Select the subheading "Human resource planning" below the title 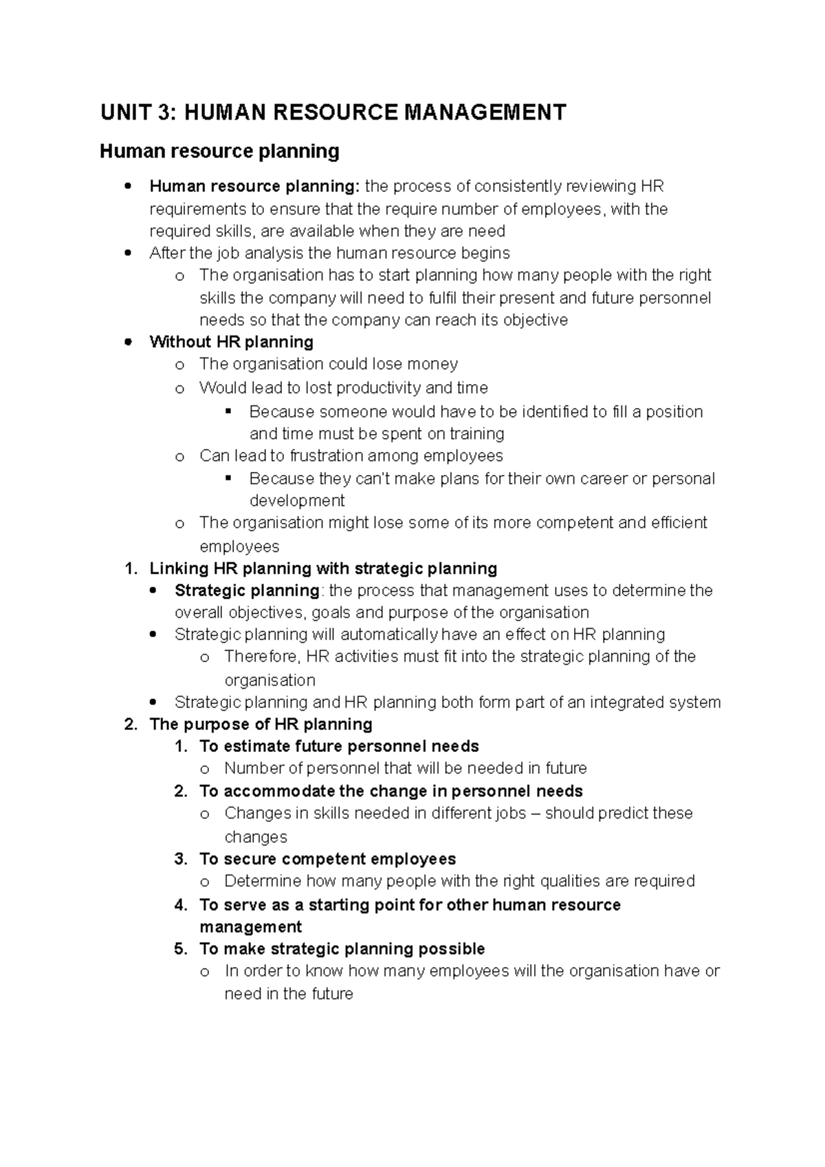[x=219, y=151]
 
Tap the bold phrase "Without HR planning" [x=231, y=342]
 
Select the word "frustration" [x=355, y=456]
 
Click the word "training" [x=476, y=434]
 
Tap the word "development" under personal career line [x=296, y=500]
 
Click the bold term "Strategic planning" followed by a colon [x=247, y=590]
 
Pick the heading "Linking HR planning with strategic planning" [x=323, y=568]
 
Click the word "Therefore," [x=263, y=656]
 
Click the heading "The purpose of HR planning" [x=261, y=724]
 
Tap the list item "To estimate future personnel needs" [x=339, y=746]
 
